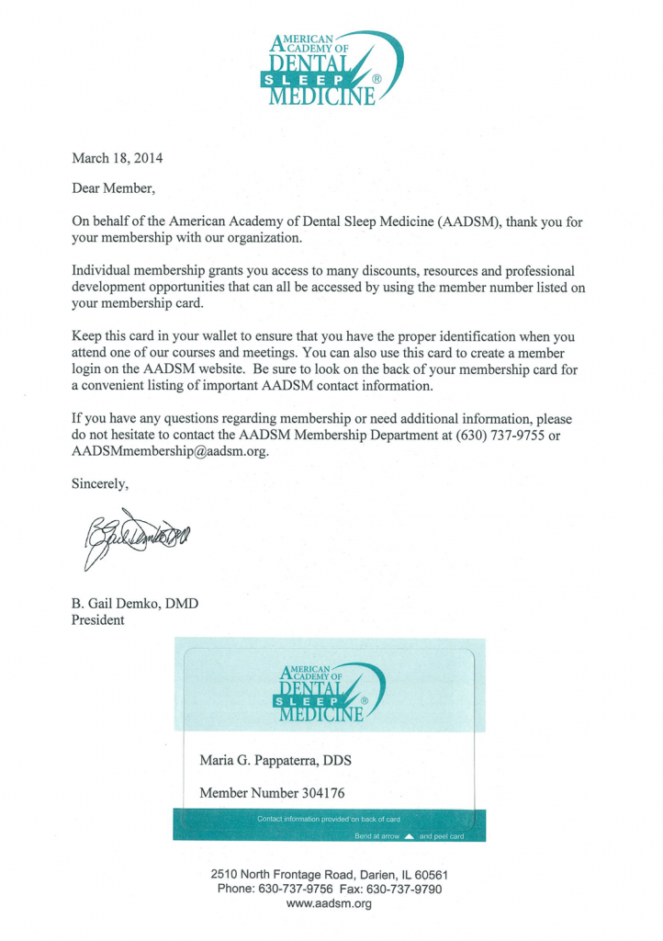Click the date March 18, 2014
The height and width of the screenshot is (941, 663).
(x=118, y=157)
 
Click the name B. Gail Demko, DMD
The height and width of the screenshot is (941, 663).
(x=135, y=604)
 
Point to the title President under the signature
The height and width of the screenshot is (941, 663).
(x=97, y=620)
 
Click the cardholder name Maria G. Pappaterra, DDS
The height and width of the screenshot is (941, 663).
(x=275, y=761)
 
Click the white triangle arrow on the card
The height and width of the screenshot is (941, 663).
(x=410, y=836)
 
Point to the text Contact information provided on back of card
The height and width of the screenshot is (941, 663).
(x=329, y=819)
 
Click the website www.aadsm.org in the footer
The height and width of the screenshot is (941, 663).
(x=329, y=904)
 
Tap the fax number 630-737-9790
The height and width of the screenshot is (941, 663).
(x=405, y=890)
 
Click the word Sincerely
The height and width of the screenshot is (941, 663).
(x=100, y=484)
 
